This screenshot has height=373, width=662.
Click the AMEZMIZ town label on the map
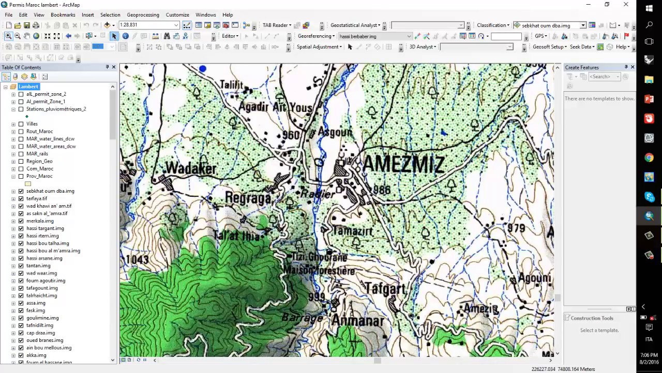pos(403,165)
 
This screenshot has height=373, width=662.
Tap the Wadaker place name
pos(190,169)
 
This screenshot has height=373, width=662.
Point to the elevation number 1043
pos(137,260)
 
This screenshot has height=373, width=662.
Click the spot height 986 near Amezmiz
pos(382,190)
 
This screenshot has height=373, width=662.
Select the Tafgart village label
pos(386,289)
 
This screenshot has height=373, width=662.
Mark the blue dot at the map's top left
pos(203,69)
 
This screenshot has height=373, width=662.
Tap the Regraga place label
pos(248,198)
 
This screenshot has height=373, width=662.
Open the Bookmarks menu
pos(63,15)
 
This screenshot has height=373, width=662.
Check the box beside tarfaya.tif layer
pos(21,198)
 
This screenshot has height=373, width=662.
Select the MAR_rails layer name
pos(37,154)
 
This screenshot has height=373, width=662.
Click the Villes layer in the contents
pos(32,124)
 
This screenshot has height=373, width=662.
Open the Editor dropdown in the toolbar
pos(230,36)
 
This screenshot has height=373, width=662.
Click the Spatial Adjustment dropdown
pos(319,47)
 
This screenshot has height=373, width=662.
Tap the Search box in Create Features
pos(602,77)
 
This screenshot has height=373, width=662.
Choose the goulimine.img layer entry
pos(42,318)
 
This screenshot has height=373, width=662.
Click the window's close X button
pos(626,5)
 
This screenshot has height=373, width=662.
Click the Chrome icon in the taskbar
pos(649,158)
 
